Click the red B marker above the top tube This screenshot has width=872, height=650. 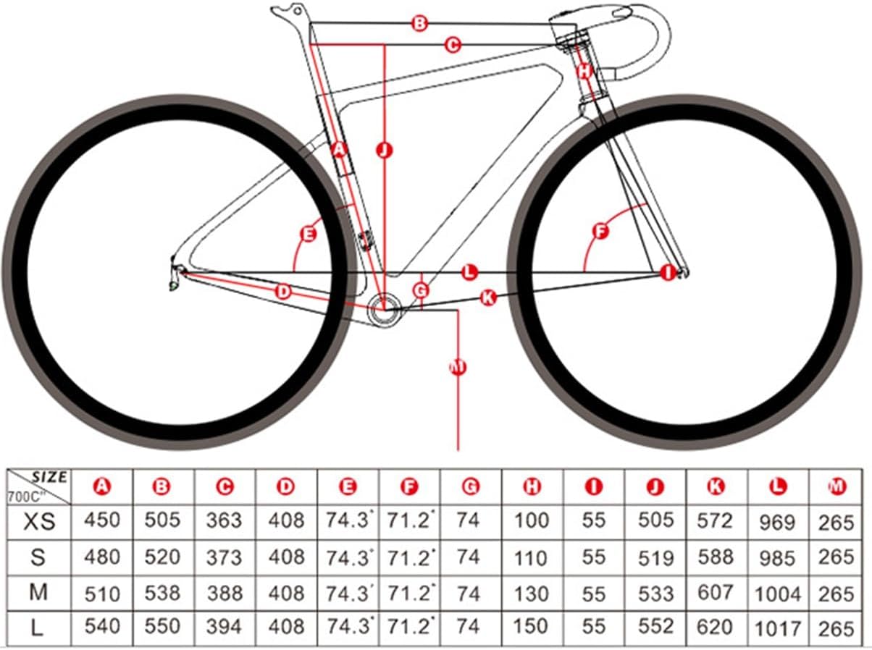click(x=419, y=23)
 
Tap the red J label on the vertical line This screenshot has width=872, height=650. click(x=384, y=150)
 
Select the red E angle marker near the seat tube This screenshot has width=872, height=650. click(x=309, y=234)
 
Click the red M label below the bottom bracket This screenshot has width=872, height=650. click(x=457, y=368)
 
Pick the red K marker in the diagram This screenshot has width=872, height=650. click(x=488, y=297)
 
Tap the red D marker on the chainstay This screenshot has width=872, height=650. click(x=284, y=292)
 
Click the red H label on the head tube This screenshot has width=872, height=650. click(x=585, y=71)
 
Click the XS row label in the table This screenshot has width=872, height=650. click(x=38, y=520)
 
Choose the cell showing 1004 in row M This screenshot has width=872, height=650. click(x=779, y=594)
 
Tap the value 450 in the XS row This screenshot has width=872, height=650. click(x=102, y=520)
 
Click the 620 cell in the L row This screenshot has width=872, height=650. click(x=715, y=627)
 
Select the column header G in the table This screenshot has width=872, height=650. click(x=471, y=487)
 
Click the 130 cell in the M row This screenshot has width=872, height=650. click(x=532, y=593)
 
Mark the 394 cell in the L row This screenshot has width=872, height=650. click(x=225, y=627)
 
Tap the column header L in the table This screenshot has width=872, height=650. click(x=779, y=487)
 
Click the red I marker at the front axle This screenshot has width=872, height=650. click(x=668, y=272)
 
